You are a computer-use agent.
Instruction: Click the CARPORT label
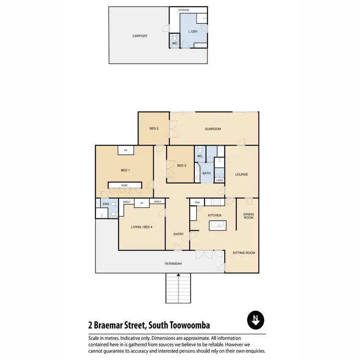pyautogui.click(x=140, y=36)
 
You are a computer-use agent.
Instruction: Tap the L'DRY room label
pyautogui.click(x=193, y=32)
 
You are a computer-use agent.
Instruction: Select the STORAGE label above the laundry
pyautogui.click(x=183, y=10)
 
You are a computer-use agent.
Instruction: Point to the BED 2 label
pyautogui.click(x=154, y=129)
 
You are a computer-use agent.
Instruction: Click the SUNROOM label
pyautogui.click(x=213, y=129)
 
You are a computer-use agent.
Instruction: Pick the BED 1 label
pyautogui.click(x=125, y=170)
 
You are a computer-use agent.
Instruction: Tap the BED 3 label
pyautogui.click(x=181, y=166)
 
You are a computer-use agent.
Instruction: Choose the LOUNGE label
pyautogui.click(x=241, y=174)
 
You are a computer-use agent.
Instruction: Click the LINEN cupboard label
pyautogui.click(x=219, y=180)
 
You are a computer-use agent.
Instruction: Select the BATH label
pyautogui.click(x=206, y=173)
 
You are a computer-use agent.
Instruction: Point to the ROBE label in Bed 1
pyautogui.click(x=124, y=185)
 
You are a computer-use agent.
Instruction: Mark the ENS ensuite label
pyautogui.click(x=106, y=204)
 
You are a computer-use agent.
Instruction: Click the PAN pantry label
pyautogui.click(x=197, y=203)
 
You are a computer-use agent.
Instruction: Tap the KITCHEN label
pyautogui.click(x=214, y=215)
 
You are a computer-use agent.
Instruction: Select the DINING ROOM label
pyautogui.click(x=248, y=216)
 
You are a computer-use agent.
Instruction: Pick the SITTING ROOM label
pyautogui.click(x=243, y=252)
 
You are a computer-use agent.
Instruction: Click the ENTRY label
pyautogui.click(x=178, y=234)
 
